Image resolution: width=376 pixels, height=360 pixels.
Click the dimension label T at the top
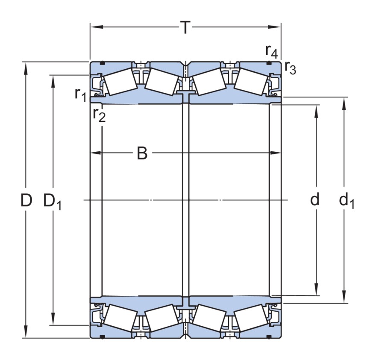(x=185, y=28)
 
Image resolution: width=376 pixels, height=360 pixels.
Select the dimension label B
(x=142, y=153)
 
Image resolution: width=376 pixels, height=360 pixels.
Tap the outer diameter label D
(x=26, y=200)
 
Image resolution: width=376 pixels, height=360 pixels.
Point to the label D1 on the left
(x=52, y=201)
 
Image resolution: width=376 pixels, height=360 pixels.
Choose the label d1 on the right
(x=347, y=201)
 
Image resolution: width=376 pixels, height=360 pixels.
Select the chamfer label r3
(x=290, y=68)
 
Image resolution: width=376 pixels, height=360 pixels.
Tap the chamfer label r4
(x=271, y=51)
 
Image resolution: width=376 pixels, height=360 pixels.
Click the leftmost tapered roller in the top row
(x=120, y=82)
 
